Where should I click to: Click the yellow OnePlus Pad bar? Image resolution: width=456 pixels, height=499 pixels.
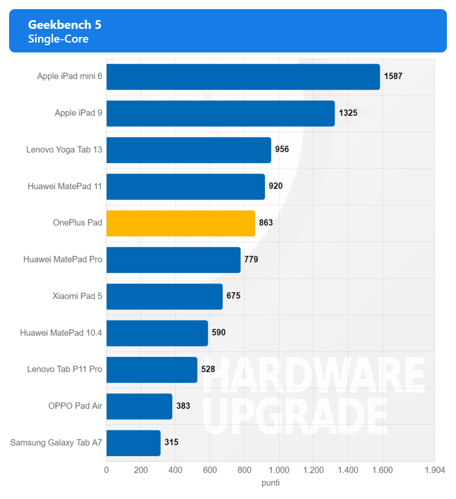pyautogui.click(x=180, y=223)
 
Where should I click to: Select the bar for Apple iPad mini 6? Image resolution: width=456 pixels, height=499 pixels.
pyautogui.click(x=243, y=77)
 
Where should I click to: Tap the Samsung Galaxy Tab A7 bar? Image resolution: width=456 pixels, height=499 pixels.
pyautogui.click(x=133, y=443)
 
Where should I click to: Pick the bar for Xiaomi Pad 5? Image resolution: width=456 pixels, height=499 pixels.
pyautogui.click(x=165, y=296)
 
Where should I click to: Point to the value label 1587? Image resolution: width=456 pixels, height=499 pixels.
pyautogui.click(x=393, y=76)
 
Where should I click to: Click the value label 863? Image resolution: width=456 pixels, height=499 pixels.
pyautogui.click(x=266, y=223)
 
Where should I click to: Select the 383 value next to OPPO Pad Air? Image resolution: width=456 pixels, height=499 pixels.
pyautogui.click(x=183, y=406)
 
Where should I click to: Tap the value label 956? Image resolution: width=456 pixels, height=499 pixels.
pyautogui.click(x=282, y=149)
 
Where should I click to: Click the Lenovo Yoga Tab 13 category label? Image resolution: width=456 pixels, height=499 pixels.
pyautogui.click(x=64, y=150)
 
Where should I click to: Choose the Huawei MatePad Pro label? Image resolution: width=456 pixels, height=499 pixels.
pyautogui.click(x=63, y=260)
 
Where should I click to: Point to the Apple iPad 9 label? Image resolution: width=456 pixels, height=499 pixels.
pyautogui.click(x=78, y=113)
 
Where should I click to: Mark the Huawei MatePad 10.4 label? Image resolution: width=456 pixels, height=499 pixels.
pyautogui.click(x=61, y=333)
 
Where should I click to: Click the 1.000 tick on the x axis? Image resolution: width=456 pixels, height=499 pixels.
pyautogui.click(x=279, y=470)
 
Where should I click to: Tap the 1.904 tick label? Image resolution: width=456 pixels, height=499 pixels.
pyautogui.click(x=434, y=470)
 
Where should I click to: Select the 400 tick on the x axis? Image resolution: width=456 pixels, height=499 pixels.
pyautogui.click(x=175, y=470)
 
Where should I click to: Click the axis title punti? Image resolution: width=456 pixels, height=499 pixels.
pyautogui.click(x=270, y=483)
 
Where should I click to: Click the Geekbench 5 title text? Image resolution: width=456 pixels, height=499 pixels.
pyautogui.click(x=65, y=25)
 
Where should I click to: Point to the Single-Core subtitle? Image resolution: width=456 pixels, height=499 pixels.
pyautogui.click(x=58, y=39)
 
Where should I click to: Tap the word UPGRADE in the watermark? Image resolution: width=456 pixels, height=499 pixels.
pyautogui.click(x=295, y=416)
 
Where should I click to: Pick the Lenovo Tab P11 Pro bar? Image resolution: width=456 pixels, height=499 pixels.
pyautogui.click(x=152, y=370)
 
